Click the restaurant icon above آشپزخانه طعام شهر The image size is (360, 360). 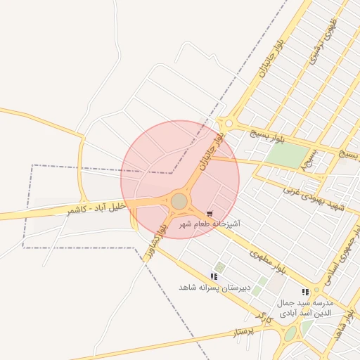coord(210,213)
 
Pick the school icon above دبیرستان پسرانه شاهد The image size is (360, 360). coord(214,277)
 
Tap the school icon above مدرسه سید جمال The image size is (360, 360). coord(304,292)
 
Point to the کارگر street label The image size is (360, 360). coord(264,317)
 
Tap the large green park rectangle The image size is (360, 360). coord(289,155)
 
